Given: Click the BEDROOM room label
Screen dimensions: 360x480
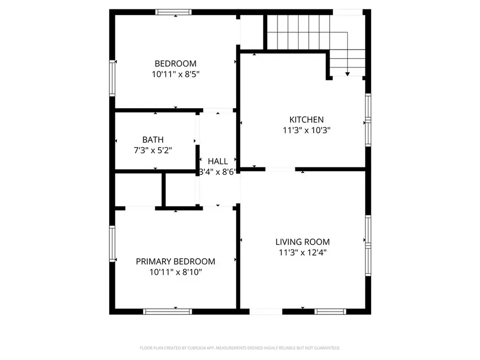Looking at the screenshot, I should coord(175,63).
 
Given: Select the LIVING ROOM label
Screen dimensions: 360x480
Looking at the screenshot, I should coord(302,242).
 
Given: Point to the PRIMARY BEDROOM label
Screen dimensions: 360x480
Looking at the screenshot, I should coord(175,261).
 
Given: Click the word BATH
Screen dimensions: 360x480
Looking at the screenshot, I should coord(153,140).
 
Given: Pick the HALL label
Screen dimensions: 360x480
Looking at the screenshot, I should coord(218,161).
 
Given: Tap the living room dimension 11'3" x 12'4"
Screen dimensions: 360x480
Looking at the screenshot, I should coord(302,252).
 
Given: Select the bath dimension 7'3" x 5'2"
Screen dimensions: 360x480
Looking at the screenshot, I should coord(153,150).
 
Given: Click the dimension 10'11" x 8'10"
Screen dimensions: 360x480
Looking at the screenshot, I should coord(175,272).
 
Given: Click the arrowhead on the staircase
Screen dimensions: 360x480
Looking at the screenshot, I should coord(347,74).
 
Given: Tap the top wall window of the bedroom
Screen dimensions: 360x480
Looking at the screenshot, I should coord(173,12).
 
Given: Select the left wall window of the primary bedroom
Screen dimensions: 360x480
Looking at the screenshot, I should coord(113,244).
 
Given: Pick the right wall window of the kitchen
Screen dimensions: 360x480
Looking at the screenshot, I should coord(368,120).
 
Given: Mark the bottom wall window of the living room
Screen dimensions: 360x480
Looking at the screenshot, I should coord(331,311).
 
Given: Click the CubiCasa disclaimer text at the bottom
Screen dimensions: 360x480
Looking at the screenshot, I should coord(240,348).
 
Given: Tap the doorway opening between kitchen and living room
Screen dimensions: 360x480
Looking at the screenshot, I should coord(279,170).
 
